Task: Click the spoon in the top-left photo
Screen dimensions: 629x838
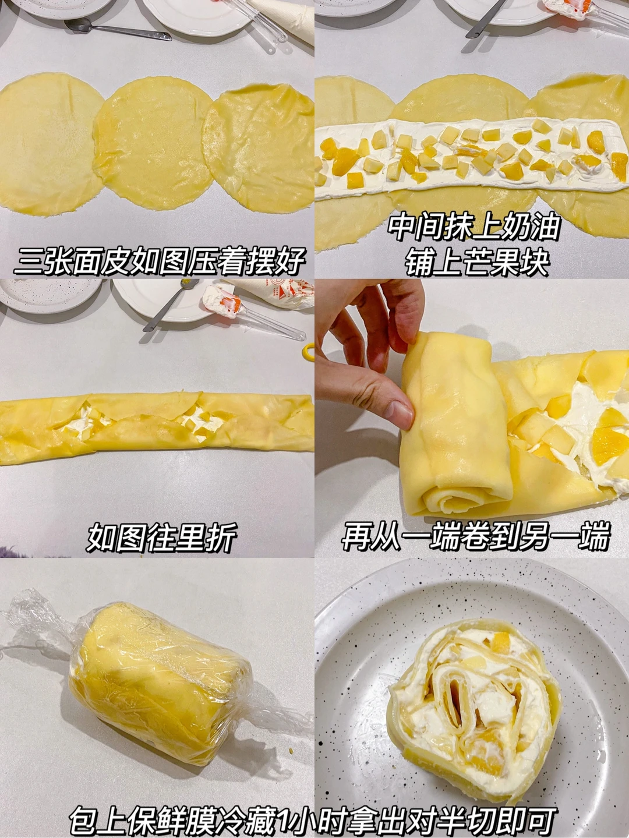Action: point(115,30)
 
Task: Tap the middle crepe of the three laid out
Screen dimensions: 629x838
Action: point(153,143)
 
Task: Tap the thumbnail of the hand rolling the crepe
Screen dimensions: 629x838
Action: point(472,419)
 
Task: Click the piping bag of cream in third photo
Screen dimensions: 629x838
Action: point(275,295)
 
